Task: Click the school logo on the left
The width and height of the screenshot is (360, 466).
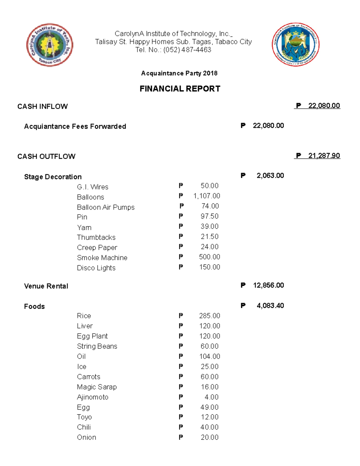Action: coord(49,45)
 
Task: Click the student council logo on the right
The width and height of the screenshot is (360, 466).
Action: coord(295,44)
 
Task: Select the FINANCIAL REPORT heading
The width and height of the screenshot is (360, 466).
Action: coord(180,89)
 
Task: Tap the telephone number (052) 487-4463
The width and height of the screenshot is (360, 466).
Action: coord(187,50)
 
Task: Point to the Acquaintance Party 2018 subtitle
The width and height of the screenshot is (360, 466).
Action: coord(179,73)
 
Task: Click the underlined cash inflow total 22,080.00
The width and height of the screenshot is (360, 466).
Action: coord(324,106)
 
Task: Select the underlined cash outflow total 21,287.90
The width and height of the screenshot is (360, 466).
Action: coord(324,156)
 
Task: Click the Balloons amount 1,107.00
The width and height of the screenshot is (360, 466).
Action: coord(207,196)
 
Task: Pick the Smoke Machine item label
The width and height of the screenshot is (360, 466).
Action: coord(102,258)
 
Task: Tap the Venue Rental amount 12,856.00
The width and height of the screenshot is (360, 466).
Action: coord(268,285)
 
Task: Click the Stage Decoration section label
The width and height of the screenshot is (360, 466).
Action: coord(53,177)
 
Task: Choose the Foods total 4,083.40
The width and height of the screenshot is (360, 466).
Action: coord(270,306)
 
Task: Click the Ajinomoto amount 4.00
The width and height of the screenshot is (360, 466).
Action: coord(211,397)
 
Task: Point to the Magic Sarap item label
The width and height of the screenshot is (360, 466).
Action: coord(97,387)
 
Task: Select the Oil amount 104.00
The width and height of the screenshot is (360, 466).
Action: coord(209,356)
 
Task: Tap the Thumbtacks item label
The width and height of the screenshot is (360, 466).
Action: coord(96,237)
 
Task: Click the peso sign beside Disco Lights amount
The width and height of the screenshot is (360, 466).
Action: coord(181,267)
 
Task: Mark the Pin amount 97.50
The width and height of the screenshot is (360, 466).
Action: coord(209,216)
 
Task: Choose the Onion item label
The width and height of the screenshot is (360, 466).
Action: coord(86,437)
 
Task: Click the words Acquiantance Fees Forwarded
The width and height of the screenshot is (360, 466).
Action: coord(75,126)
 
